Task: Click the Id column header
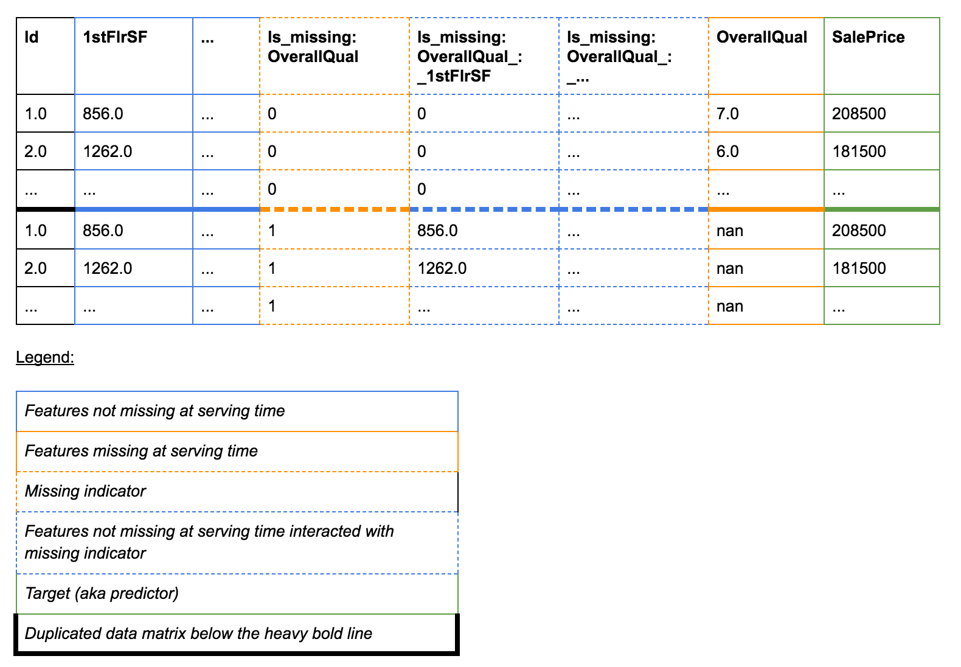click(x=31, y=37)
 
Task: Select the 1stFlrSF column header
click(x=115, y=37)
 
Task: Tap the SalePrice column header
click(x=869, y=37)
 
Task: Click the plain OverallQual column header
click(x=762, y=37)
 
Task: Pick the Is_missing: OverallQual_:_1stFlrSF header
click(x=470, y=57)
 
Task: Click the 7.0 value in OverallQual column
click(x=727, y=114)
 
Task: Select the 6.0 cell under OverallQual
click(x=727, y=152)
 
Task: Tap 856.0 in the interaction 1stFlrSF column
click(x=437, y=231)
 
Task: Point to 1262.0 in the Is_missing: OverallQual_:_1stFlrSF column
click(x=442, y=269)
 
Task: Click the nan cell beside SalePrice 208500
click(x=730, y=231)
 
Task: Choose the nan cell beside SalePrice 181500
click(x=730, y=269)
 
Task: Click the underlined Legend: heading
click(x=45, y=357)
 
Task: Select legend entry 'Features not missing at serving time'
click(x=154, y=411)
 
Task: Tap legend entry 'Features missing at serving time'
click(x=141, y=451)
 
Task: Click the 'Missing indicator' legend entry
click(x=85, y=491)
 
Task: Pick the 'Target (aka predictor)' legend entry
click(x=102, y=593)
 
